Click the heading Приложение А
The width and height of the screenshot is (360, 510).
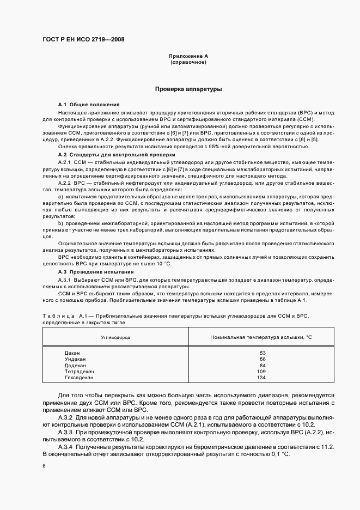(x=188, y=57)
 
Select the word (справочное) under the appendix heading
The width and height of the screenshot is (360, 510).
(x=188, y=62)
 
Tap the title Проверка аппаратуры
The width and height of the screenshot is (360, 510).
(x=188, y=88)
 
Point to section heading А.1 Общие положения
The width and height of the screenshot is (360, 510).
(x=89, y=104)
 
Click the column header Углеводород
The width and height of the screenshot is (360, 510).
(x=115, y=337)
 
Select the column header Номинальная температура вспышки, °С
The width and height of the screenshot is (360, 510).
(x=261, y=337)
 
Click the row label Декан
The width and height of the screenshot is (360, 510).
(x=72, y=353)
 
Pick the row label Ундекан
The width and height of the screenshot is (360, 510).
(x=75, y=359)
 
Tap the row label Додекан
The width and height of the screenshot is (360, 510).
(x=75, y=365)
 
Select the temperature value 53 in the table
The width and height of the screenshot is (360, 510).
(x=263, y=353)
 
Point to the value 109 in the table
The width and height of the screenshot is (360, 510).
(x=261, y=371)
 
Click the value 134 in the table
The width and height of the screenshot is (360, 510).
(x=261, y=377)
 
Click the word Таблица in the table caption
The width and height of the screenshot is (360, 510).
(x=58, y=316)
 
